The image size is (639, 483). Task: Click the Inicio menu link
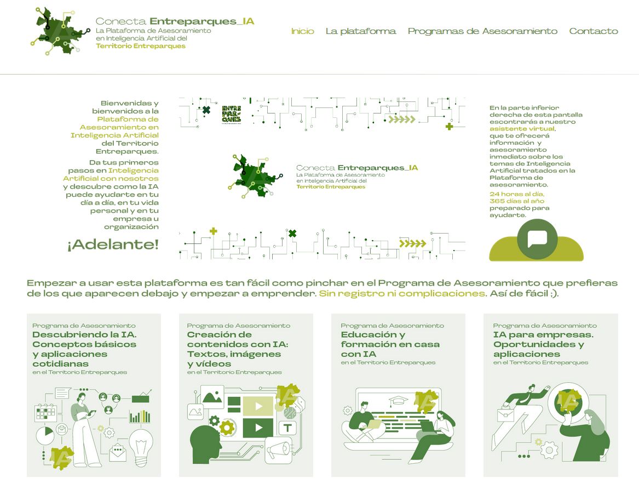point(302,31)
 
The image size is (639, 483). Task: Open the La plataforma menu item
point(360,31)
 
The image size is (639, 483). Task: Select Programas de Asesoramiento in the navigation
point(482,31)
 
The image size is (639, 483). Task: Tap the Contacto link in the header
point(593,31)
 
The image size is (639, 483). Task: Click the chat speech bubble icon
point(537,239)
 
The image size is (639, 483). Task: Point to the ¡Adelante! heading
point(113,245)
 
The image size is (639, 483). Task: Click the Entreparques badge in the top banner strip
point(231,113)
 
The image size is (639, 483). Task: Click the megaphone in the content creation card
point(279,450)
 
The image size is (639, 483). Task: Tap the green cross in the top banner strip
point(450,127)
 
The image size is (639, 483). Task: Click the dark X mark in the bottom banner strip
point(292,234)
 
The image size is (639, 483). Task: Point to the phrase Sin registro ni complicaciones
point(402,293)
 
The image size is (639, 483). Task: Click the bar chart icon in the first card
point(140,416)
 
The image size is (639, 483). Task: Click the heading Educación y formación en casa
point(390,344)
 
